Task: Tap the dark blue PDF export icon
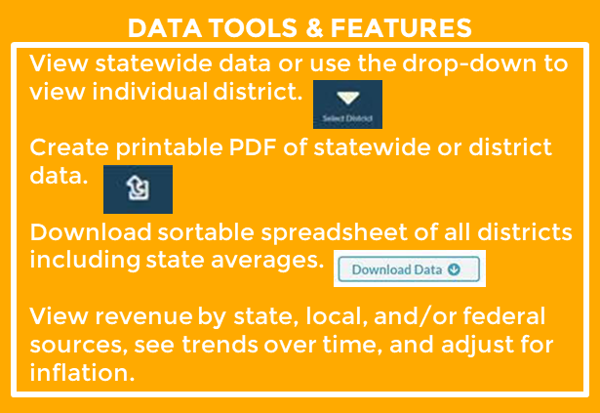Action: coord(138,188)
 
